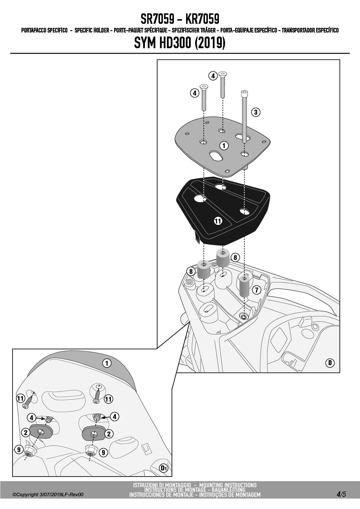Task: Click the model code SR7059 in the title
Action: (x=157, y=19)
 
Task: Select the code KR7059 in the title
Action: (x=202, y=19)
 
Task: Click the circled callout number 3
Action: (x=255, y=112)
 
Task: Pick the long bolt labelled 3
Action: (x=244, y=117)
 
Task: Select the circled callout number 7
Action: (x=257, y=290)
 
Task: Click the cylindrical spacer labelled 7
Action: (x=244, y=286)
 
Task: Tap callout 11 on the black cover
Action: (x=218, y=221)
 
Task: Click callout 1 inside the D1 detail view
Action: (x=107, y=363)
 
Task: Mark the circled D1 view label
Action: (x=164, y=468)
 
